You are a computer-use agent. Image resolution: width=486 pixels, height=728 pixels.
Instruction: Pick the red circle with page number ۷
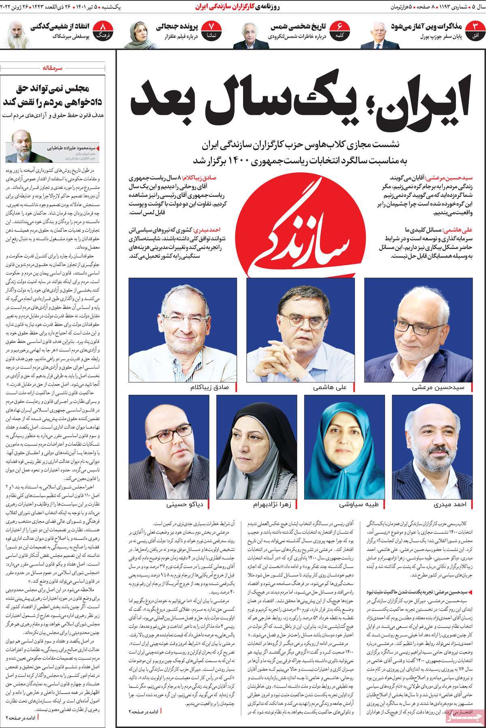point(211,31)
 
